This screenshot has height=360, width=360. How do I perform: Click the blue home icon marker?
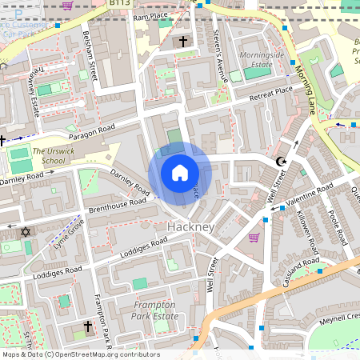[x=180, y=173]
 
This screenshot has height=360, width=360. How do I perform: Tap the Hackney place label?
[x=190, y=227]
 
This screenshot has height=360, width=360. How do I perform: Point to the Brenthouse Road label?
[x=118, y=206]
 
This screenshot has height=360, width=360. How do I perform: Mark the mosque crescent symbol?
[x=280, y=162]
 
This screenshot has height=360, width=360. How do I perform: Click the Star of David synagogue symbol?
[x=24, y=232]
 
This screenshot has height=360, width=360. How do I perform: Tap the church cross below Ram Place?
[x=183, y=41]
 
